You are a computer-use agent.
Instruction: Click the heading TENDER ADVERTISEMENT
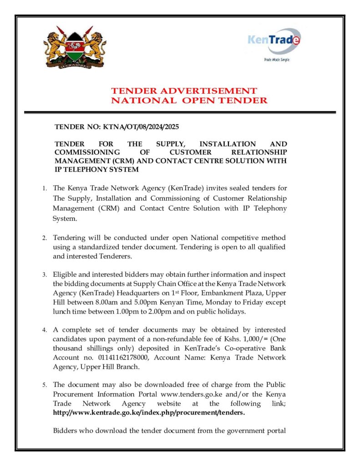click(x=184, y=91)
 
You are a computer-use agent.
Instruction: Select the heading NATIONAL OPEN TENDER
click(x=189, y=100)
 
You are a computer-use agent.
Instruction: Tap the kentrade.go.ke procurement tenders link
click(x=149, y=413)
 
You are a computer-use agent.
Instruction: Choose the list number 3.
click(x=44, y=275)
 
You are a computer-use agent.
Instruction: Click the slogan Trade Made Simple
click(x=277, y=60)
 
